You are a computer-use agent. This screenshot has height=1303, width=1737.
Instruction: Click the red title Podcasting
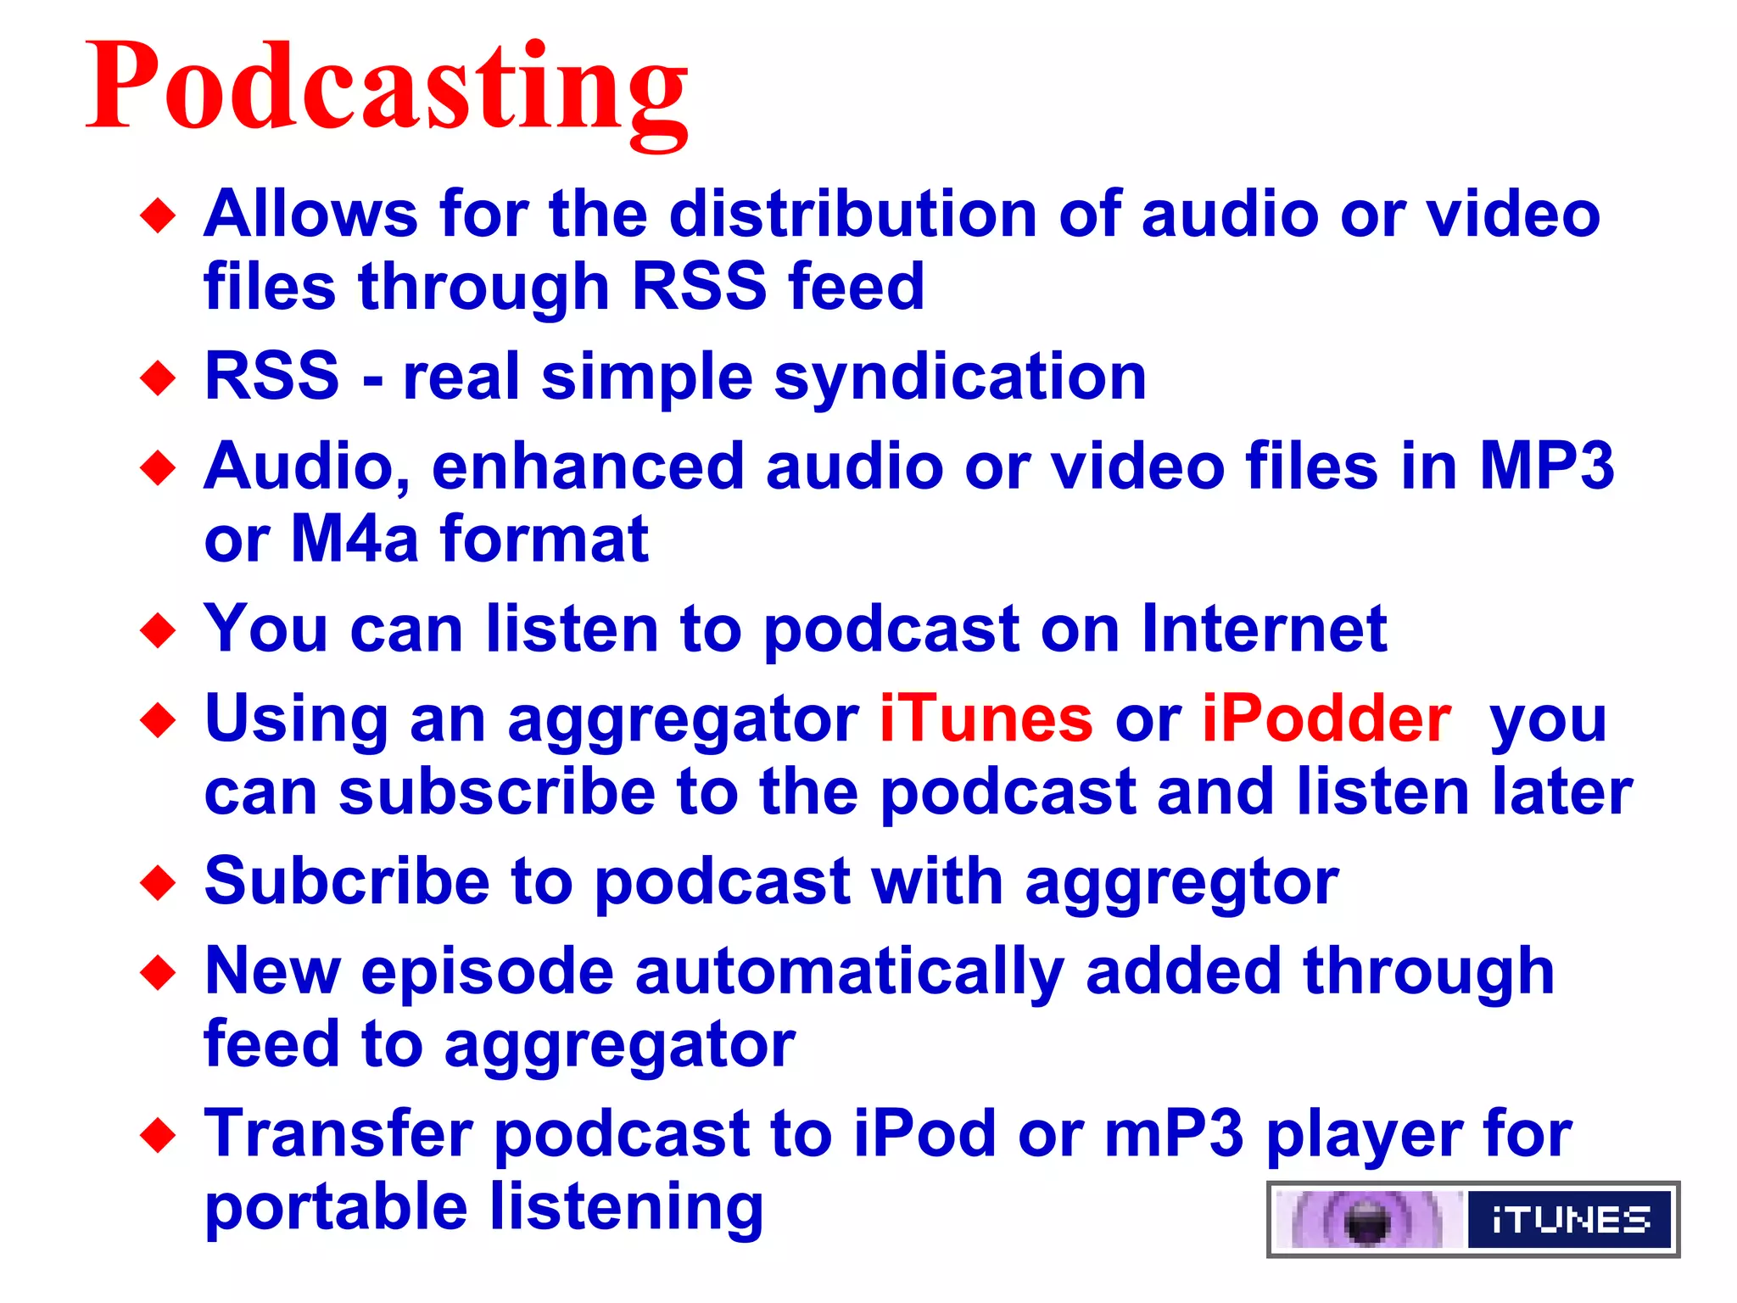tap(387, 89)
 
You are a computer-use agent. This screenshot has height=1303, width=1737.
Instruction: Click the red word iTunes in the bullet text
tap(986, 719)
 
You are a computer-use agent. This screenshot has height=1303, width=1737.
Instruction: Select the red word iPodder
tap(1326, 719)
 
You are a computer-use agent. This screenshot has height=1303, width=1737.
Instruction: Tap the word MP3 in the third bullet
tap(1546, 467)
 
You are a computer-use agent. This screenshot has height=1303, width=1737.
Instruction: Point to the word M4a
tap(355, 539)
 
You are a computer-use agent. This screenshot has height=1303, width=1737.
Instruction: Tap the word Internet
tap(1264, 629)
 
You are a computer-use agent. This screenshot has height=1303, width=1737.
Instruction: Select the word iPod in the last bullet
tap(924, 1134)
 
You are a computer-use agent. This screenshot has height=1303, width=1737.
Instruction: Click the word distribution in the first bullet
tap(852, 214)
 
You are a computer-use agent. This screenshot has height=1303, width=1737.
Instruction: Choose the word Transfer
tap(338, 1134)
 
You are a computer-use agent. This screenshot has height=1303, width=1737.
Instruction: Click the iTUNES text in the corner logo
tap(1570, 1220)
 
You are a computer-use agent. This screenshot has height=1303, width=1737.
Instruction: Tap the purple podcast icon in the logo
tap(1367, 1221)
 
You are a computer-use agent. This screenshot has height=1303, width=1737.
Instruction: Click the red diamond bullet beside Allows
tap(158, 215)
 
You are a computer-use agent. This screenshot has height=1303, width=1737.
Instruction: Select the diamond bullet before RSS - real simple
tap(158, 377)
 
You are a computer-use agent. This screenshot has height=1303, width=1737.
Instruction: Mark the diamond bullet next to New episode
tap(158, 972)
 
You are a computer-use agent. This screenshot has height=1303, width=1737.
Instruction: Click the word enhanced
tap(588, 467)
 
